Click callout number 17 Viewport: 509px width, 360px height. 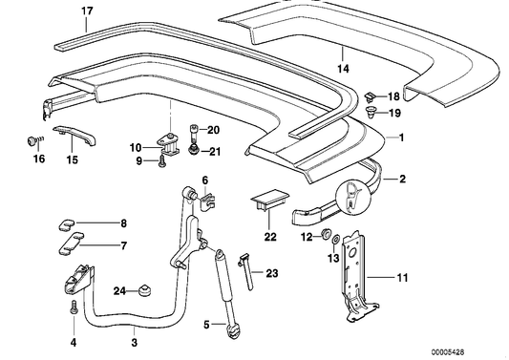pos(87,11)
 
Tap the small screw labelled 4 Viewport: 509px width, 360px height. pos(74,307)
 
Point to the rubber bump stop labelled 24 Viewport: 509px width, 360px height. pos(145,290)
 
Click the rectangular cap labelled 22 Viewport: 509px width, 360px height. pos(269,199)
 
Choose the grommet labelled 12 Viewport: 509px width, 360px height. pos(325,233)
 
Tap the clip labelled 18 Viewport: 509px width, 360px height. pos(371,96)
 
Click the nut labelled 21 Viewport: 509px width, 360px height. pos(194,150)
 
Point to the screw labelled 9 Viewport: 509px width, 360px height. pos(161,161)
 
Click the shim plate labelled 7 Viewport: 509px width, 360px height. pos(71,244)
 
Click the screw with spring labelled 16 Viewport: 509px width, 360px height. pos(34,141)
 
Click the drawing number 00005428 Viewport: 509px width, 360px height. pos(448,352)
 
